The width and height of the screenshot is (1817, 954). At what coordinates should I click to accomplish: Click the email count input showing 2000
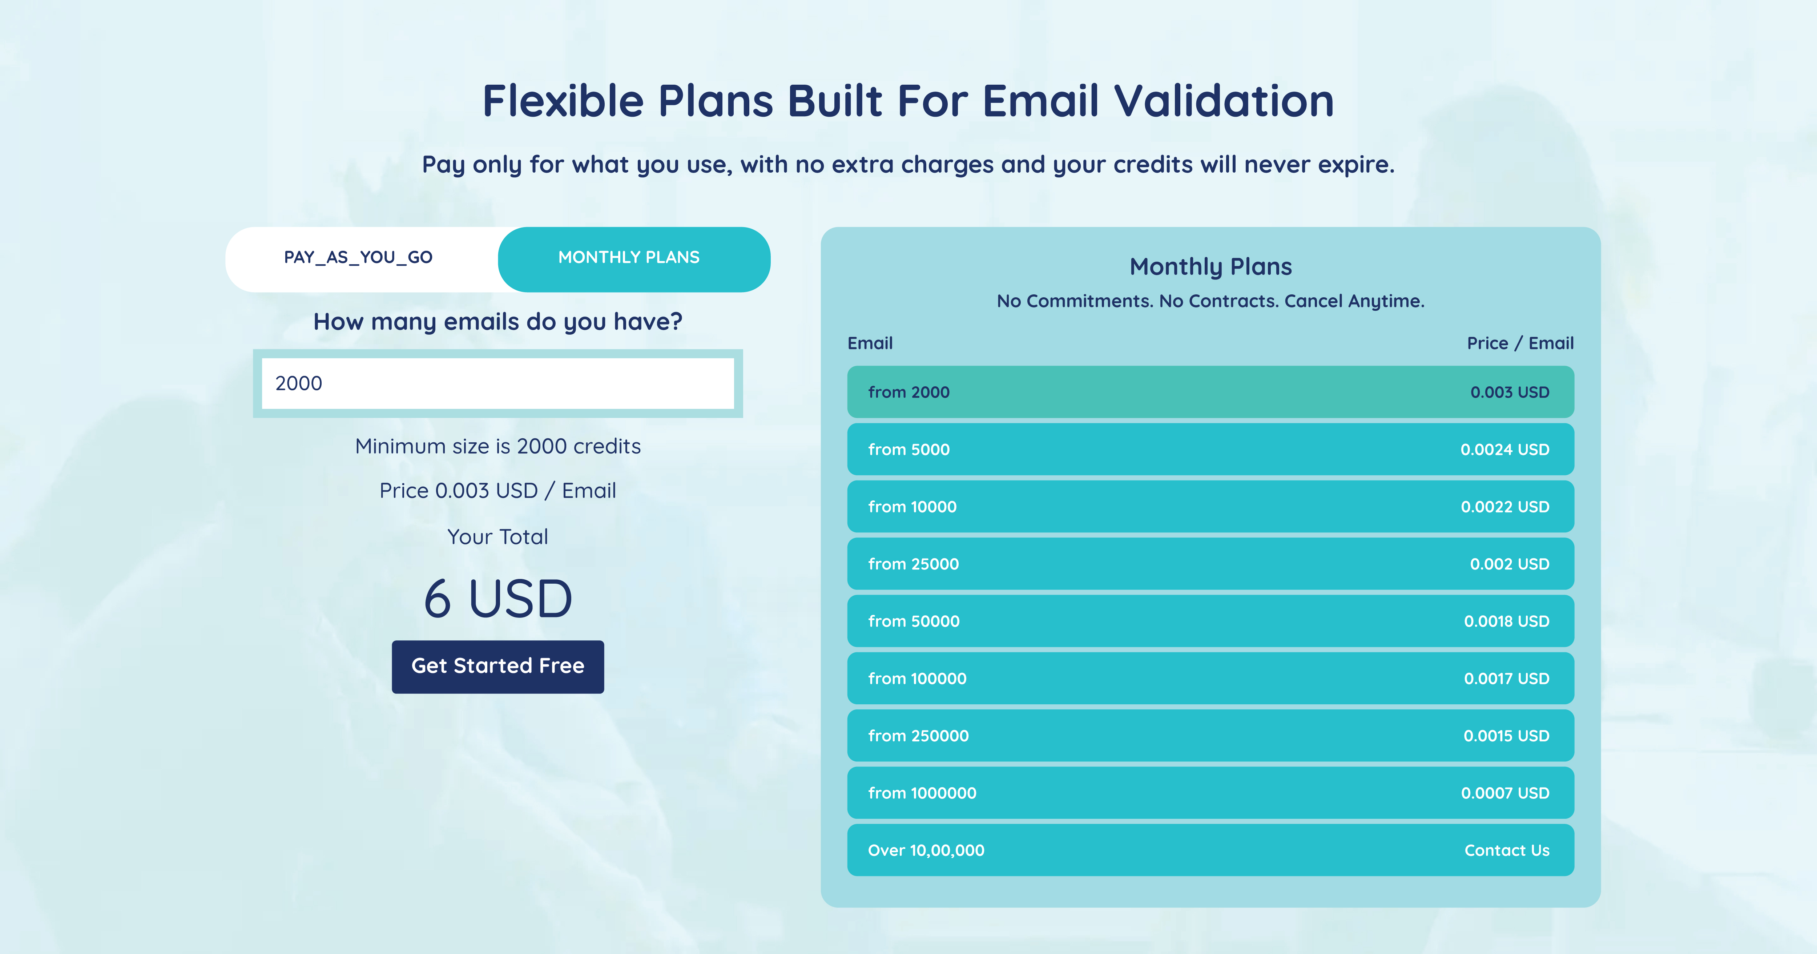coord(498,383)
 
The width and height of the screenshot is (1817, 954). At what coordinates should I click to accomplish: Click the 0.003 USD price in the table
coord(1510,393)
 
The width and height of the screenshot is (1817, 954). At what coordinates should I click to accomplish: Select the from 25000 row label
coord(914,564)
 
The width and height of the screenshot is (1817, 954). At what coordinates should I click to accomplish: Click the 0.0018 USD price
coord(1507,621)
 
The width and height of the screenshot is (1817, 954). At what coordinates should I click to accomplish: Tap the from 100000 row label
coord(917,678)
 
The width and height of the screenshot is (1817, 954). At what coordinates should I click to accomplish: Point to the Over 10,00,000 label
coord(926,850)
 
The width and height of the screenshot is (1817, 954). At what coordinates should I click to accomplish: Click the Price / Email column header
coord(1520,343)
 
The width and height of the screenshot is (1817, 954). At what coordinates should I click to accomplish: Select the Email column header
coord(870,343)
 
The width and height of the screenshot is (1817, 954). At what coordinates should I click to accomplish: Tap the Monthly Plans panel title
coord(1210,267)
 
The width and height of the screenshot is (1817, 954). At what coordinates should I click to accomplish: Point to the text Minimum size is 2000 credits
coord(498,446)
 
